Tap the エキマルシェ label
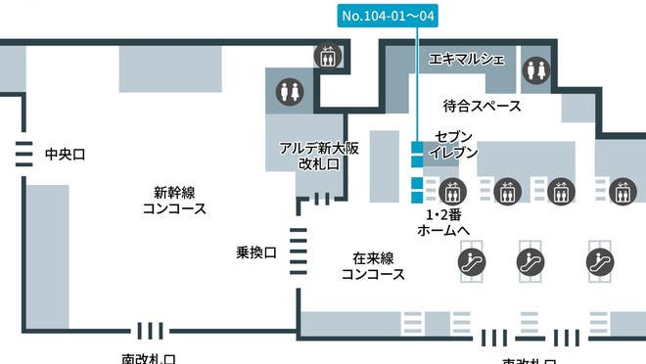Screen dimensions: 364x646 point(467,60)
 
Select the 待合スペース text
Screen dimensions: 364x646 point(476,106)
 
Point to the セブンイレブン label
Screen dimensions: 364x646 point(455,145)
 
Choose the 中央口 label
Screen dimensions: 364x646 point(66,154)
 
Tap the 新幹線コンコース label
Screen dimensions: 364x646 point(174,201)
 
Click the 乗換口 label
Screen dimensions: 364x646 point(256,252)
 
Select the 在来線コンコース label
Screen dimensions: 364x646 point(373,266)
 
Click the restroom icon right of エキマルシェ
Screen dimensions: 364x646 point(534,69)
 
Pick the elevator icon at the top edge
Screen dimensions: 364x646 point(327,56)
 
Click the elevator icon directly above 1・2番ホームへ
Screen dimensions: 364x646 point(451,190)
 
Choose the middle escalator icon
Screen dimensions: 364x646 point(531,260)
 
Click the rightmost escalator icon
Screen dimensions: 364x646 point(599,260)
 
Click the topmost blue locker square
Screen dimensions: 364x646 point(416,148)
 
